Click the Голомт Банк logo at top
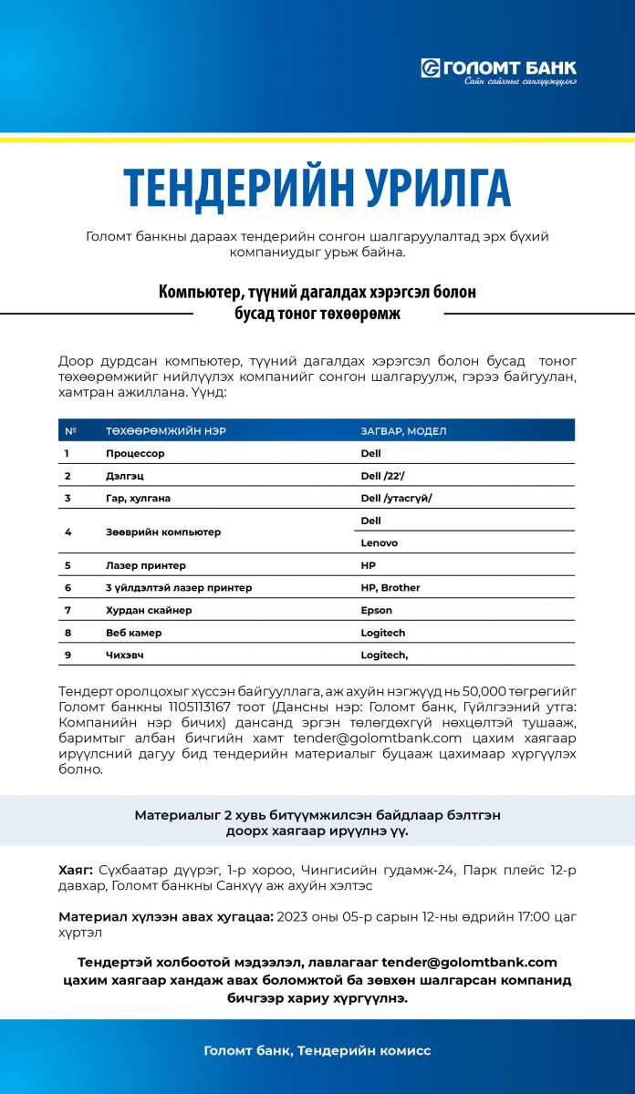click(x=498, y=71)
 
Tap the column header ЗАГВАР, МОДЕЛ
click(x=404, y=430)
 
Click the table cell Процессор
click(x=135, y=453)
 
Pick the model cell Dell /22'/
click(x=383, y=476)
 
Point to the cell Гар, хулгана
click(x=138, y=499)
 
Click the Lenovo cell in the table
click(x=380, y=542)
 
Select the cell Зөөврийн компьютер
click(x=163, y=532)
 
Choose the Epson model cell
click(x=377, y=611)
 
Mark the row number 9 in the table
click(x=68, y=655)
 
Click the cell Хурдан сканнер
click(x=149, y=611)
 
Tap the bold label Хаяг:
click(x=76, y=871)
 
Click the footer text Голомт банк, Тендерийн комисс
click(x=317, y=1051)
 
